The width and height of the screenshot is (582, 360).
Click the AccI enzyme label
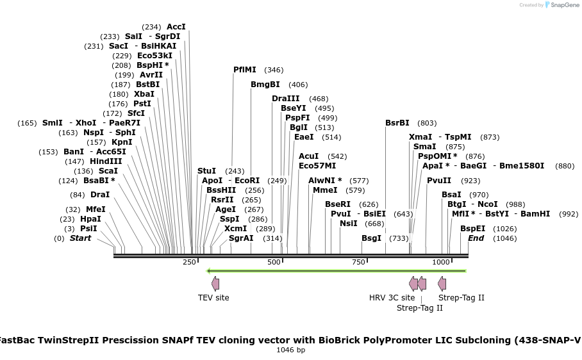(176, 27)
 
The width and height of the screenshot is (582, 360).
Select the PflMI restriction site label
(245, 70)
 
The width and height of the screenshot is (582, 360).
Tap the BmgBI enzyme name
(265, 85)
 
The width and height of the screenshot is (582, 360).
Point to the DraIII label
(285, 99)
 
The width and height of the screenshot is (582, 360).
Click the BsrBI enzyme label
(397, 123)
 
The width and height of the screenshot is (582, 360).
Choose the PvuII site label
(440, 181)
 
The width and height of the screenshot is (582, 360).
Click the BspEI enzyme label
(472, 229)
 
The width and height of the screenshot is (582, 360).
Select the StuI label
(206, 171)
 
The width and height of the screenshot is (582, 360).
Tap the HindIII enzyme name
(106, 161)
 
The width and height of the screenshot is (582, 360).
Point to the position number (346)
(274, 70)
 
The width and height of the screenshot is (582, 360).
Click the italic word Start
(80, 238)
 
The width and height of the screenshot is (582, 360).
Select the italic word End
(476, 238)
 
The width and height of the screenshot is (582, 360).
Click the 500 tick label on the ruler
(274, 263)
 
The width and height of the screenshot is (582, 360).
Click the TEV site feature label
(213, 298)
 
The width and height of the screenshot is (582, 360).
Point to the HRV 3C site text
(392, 298)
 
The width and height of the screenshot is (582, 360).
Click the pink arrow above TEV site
(215, 284)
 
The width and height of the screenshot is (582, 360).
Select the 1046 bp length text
(290, 350)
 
